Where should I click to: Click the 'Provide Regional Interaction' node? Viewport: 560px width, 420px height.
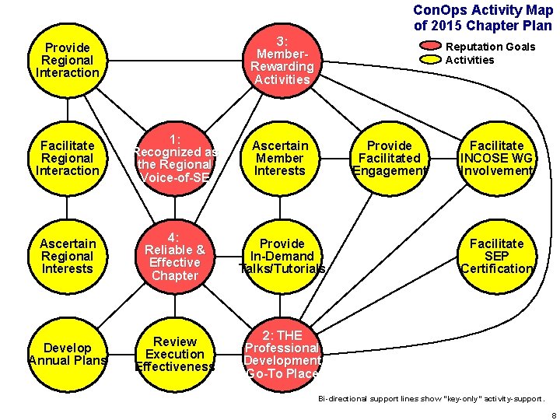68,60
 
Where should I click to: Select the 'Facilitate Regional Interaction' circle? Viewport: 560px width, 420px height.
68,158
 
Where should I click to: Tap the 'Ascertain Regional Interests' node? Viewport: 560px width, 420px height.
68,256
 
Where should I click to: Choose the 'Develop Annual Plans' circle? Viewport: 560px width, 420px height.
68,354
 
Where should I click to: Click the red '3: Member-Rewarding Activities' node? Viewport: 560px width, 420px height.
282,60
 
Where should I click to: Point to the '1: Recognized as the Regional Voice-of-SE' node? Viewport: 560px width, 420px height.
175,158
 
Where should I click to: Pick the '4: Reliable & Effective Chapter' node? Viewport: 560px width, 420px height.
175,256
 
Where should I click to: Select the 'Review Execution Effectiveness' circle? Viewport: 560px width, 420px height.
175,354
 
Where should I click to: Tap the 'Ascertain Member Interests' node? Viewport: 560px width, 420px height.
282,158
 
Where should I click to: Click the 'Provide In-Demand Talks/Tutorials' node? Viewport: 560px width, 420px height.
282,256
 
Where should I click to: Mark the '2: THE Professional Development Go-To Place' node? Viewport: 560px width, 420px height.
282,354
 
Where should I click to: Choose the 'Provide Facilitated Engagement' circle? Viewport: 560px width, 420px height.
389,158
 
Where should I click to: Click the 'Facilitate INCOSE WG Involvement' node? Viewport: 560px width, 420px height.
496,158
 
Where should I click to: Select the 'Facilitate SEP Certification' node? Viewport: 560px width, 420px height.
496,256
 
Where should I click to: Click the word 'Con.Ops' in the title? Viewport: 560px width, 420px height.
435,10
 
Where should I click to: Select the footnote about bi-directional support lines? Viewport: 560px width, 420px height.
432,398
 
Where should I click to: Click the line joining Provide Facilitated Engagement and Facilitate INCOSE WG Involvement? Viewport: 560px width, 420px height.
443,158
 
